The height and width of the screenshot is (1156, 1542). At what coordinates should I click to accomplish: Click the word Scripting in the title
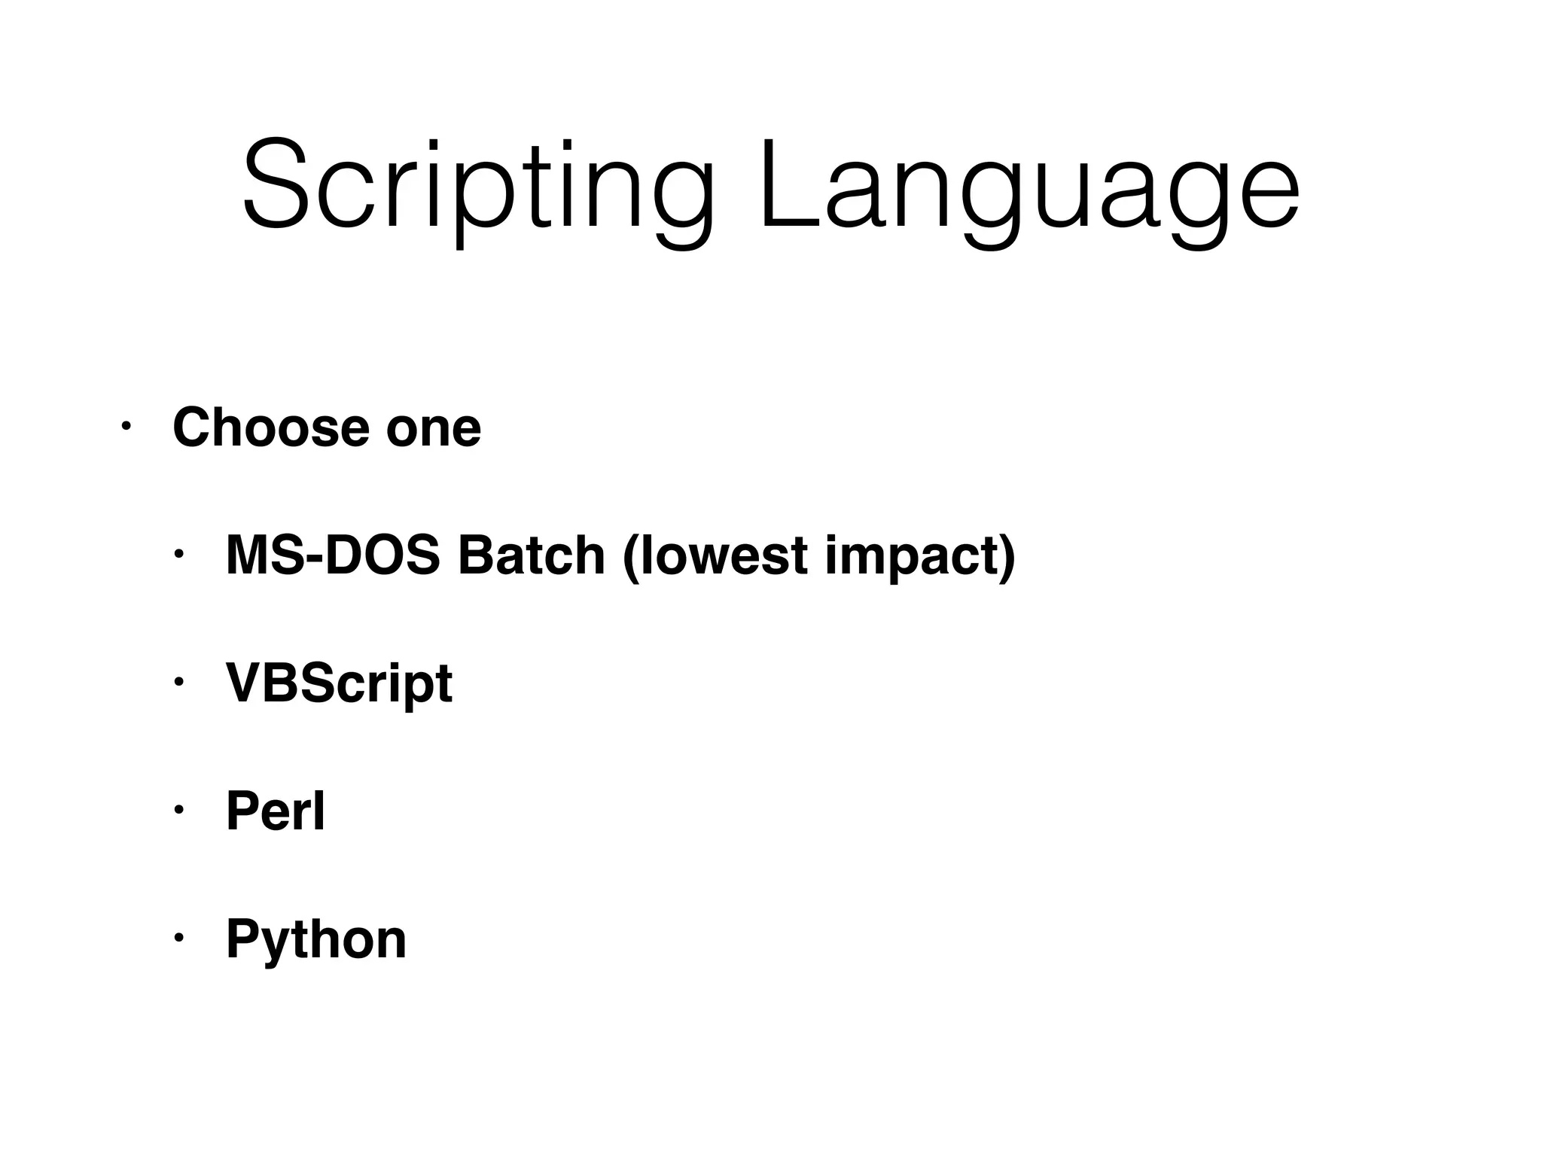[477, 184]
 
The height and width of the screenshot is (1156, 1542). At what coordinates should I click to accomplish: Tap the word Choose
[271, 427]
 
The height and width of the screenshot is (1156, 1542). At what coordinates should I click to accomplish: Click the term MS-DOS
[333, 555]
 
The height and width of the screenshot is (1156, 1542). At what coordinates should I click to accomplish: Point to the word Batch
[532, 555]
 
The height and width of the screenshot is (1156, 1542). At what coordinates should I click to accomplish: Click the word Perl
[276, 811]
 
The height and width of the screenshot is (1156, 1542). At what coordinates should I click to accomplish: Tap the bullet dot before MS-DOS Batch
[178, 555]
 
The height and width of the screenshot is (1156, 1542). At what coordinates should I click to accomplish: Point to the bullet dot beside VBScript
[178, 683]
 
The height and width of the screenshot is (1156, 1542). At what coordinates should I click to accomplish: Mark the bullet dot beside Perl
[178, 811]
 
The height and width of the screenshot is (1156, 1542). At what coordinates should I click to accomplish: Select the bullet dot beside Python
[178, 938]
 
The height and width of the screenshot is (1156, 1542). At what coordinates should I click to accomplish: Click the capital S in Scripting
[276, 184]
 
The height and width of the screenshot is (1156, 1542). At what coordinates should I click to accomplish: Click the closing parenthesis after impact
[1008, 557]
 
